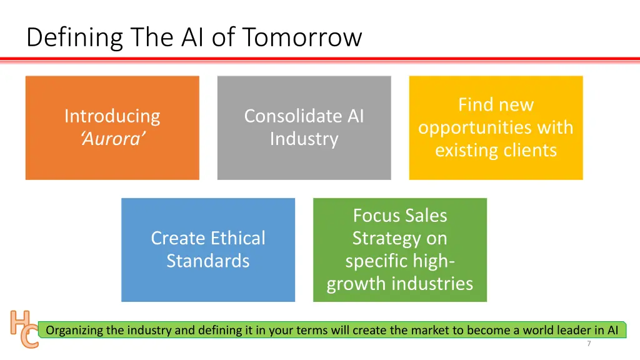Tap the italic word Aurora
click(x=112, y=139)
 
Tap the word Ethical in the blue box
click(x=237, y=238)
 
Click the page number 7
click(x=589, y=344)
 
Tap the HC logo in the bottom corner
click(x=24, y=329)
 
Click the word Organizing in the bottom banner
click(x=74, y=330)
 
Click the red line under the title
click(x=320, y=59)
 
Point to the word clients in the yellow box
click(x=529, y=151)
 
